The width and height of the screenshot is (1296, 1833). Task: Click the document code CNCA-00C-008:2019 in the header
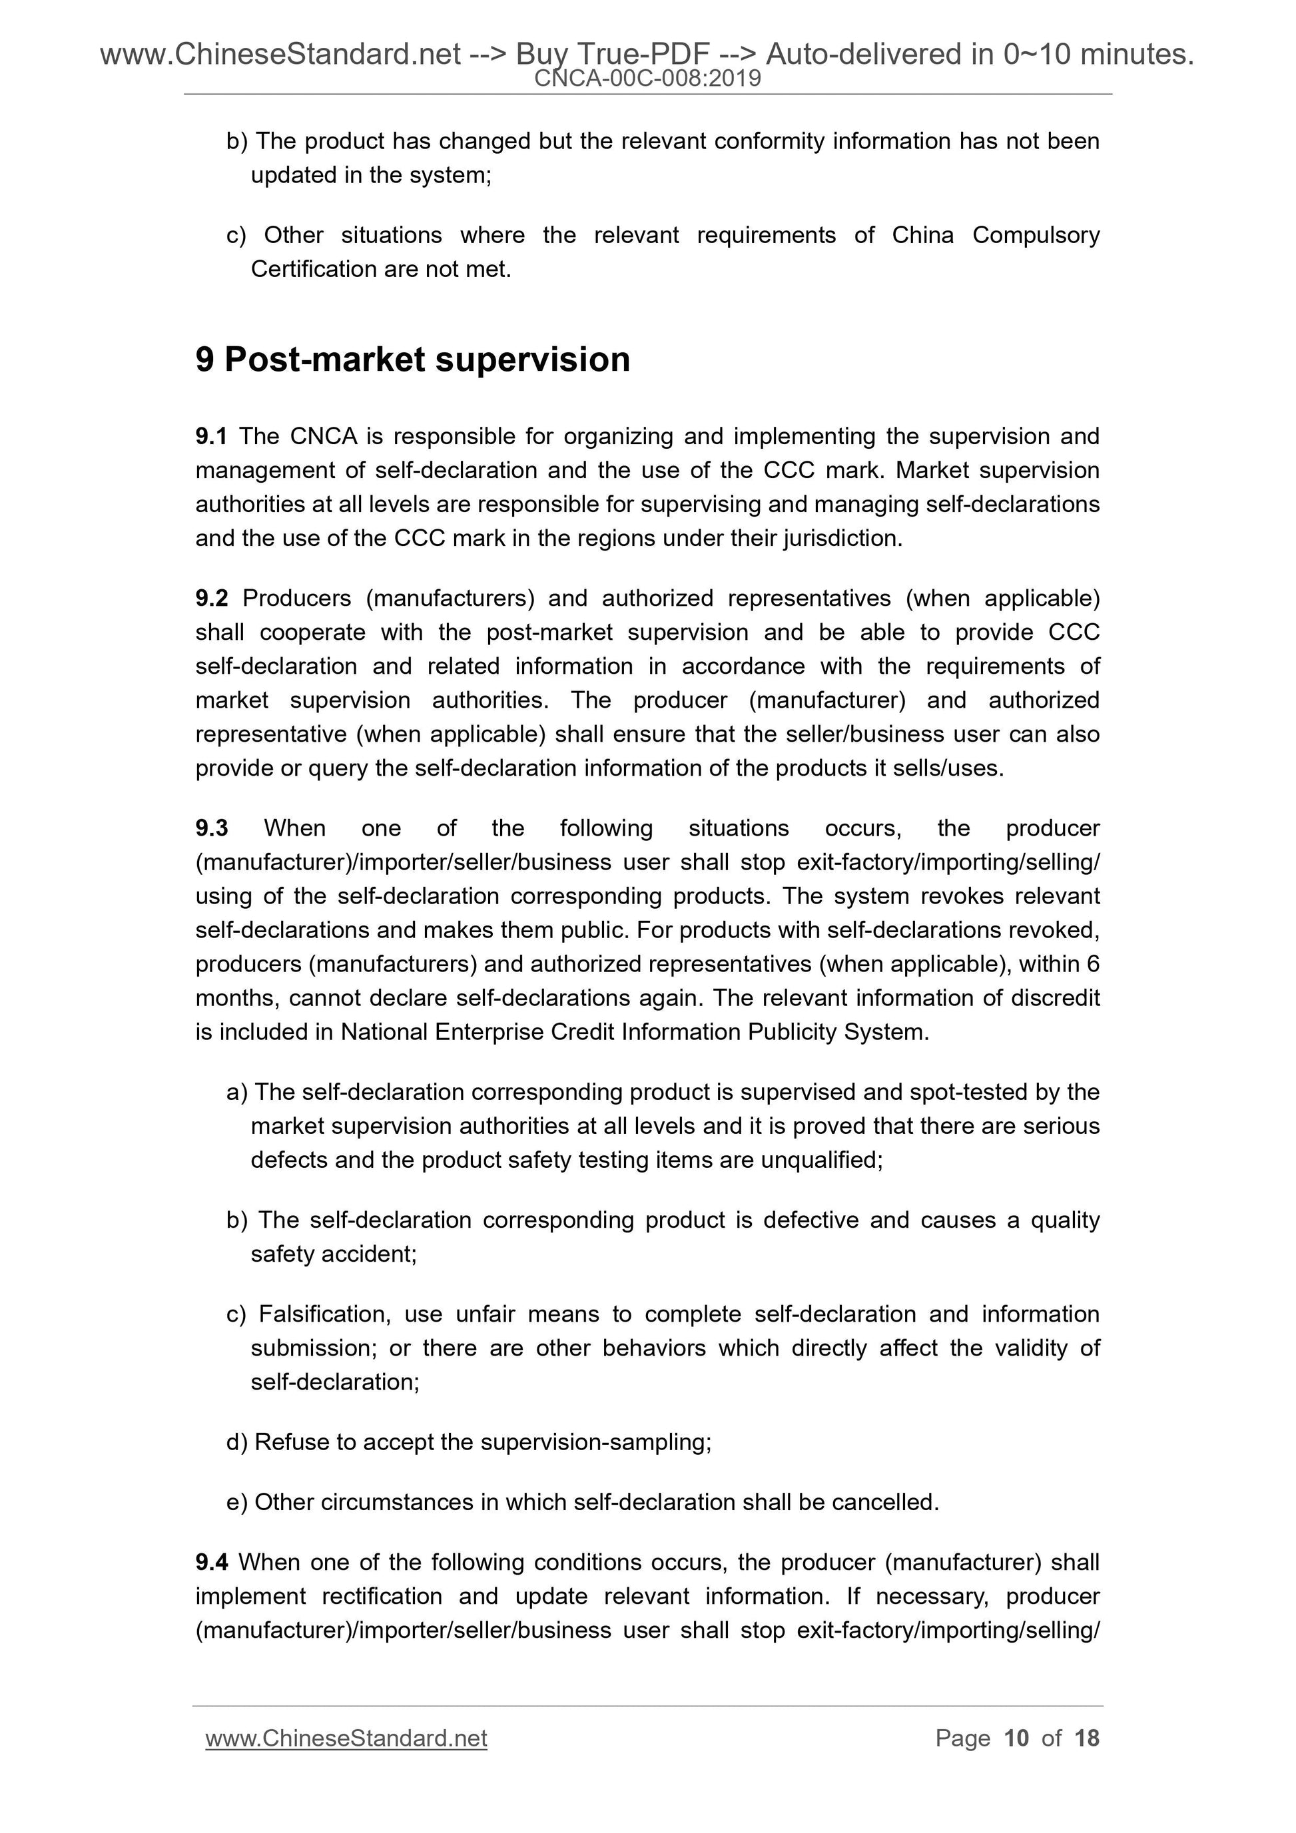pyautogui.click(x=647, y=79)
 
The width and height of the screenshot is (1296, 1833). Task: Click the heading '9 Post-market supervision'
pyautogui.click(x=413, y=360)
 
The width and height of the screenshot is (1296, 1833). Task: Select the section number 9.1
pyautogui.click(x=211, y=437)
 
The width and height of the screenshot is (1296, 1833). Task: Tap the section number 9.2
pyautogui.click(x=212, y=599)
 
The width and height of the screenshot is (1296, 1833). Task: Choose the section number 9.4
pyautogui.click(x=212, y=1563)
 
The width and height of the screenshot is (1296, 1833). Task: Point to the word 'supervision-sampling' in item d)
pyautogui.click(x=594, y=1443)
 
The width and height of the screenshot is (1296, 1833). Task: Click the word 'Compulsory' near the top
pyautogui.click(x=1036, y=236)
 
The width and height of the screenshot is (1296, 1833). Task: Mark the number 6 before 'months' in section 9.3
pyautogui.click(x=1092, y=964)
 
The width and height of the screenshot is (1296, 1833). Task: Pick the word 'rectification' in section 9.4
pyautogui.click(x=381, y=1597)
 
